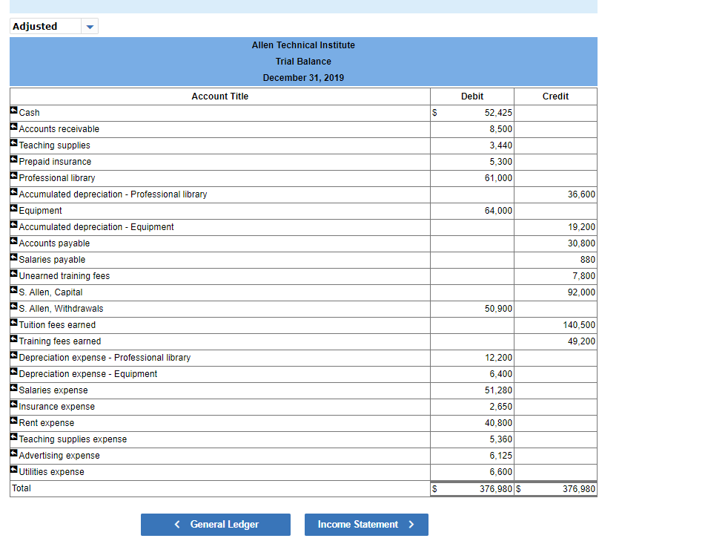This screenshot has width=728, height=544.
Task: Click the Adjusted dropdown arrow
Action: click(x=90, y=27)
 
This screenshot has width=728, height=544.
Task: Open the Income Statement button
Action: click(x=365, y=525)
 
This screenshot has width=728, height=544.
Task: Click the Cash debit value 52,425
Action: click(x=497, y=113)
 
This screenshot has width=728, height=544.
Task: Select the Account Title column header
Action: click(x=219, y=96)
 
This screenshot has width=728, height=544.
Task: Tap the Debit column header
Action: click(x=471, y=96)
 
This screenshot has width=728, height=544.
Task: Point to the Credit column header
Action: click(x=555, y=96)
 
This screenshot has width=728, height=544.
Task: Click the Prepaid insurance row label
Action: click(x=55, y=162)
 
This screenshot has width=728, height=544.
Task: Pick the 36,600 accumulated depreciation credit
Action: click(x=581, y=194)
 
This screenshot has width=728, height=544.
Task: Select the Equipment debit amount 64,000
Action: click(x=498, y=211)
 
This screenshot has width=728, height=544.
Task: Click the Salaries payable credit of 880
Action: click(x=587, y=260)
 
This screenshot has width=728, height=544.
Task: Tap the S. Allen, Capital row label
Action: click(x=50, y=292)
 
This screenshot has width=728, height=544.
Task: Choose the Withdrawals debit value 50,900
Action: click(x=498, y=309)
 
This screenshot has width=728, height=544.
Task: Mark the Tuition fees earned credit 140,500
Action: click(x=579, y=325)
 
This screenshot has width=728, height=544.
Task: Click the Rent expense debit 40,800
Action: click(x=498, y=423)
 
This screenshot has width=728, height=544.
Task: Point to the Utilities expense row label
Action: click(x=51, y=472)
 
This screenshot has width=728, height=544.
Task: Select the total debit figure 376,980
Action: click(x=496, y=489)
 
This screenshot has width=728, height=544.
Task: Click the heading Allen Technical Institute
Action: click(x=303, y=45)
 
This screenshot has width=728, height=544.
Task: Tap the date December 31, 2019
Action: click(x=303, y=78)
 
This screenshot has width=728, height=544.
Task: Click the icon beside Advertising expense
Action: click(x=14, y=455)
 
